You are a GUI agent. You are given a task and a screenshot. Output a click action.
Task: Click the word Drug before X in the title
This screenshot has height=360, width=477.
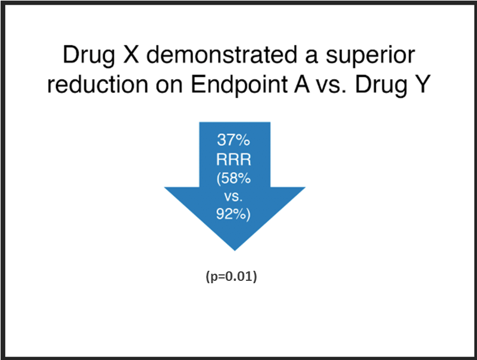[89, 55]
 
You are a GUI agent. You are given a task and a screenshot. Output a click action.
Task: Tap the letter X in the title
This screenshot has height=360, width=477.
[131, 55]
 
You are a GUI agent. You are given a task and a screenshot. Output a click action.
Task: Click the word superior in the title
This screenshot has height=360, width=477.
[370, 56]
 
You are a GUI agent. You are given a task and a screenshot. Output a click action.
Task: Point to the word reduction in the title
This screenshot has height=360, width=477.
[98, 84]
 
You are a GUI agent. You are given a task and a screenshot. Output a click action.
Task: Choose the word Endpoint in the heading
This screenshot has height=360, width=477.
[239, 85]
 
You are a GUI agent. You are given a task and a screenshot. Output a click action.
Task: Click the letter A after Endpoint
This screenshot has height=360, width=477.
[301, 84]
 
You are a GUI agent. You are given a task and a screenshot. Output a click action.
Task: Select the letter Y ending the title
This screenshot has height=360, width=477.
[422, 84]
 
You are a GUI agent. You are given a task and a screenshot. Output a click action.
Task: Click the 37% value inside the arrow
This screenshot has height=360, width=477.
[233, 140]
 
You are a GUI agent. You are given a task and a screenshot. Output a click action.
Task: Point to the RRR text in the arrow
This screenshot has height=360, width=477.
[233, 159]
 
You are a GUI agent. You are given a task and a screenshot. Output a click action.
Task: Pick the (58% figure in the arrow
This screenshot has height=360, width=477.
[233, 179]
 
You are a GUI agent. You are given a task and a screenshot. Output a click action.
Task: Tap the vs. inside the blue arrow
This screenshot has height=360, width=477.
[233, 197]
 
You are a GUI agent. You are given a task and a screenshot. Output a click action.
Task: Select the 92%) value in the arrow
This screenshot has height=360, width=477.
[233, 214]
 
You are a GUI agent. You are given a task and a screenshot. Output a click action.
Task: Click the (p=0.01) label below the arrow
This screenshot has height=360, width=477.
[232, 277]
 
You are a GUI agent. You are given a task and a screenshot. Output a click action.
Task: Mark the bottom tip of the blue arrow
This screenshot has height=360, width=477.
[235, 251]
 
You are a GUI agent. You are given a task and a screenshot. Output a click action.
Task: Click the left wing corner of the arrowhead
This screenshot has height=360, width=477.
[164, 187]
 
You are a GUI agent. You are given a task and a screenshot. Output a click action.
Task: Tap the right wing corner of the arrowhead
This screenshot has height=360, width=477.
[305, 187]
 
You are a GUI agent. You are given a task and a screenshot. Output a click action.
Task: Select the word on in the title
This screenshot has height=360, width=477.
[169, 86]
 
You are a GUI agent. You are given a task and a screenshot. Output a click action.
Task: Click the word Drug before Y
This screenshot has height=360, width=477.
[381, 85]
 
